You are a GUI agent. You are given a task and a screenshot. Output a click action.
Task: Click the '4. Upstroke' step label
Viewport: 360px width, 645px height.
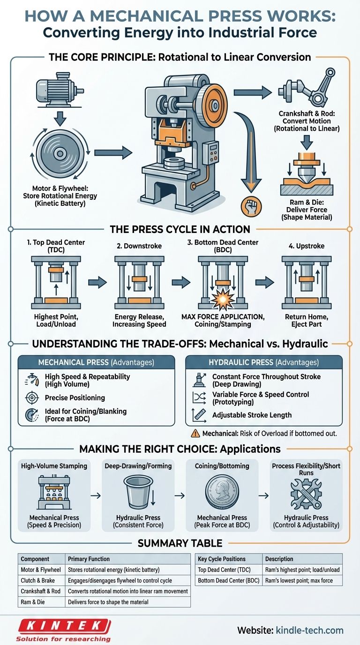306,246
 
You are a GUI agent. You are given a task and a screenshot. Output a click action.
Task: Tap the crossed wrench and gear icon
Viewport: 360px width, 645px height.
305,493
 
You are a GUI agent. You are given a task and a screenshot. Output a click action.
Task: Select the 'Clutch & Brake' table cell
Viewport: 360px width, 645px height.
41,581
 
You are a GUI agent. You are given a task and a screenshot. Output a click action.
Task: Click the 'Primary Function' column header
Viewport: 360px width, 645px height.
89,559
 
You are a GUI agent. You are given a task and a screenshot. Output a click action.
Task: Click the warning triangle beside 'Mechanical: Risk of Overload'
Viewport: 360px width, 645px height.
195,433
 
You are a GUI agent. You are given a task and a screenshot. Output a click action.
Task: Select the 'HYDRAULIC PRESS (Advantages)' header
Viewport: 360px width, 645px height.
263,362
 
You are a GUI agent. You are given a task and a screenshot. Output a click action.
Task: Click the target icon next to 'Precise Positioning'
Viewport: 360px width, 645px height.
30,397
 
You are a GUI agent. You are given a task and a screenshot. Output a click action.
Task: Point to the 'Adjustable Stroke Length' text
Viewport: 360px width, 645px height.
252,415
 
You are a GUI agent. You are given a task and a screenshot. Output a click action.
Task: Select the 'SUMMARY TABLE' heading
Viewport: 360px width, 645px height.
180,543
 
